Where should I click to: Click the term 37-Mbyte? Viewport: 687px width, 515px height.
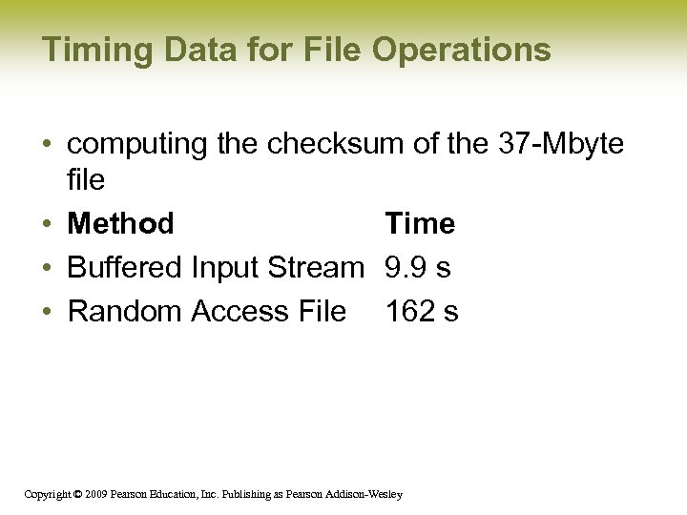560,144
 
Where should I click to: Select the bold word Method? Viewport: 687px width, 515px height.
120,224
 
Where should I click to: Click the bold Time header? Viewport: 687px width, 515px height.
420,224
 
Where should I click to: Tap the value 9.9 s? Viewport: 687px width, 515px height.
418,268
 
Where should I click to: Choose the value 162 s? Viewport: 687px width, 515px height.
422,312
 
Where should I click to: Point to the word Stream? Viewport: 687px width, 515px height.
316,268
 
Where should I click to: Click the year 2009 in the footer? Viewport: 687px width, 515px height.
94,494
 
